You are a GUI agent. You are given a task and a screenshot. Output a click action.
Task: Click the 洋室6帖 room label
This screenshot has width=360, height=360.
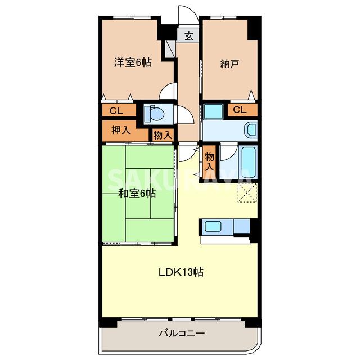point(133,63)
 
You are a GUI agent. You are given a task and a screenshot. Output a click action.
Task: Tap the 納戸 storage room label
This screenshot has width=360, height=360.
point(229,63)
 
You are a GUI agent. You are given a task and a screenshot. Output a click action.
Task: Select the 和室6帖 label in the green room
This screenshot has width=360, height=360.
point(137,195)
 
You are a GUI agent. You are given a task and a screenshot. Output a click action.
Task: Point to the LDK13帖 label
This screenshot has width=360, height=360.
point(180,273)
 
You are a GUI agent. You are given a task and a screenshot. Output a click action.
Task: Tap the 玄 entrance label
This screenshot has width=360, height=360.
point(189,36)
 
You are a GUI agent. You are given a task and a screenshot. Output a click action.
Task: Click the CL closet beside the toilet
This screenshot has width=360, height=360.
point(118,110)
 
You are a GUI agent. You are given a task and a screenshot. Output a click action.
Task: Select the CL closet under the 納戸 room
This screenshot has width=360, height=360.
point(240,110)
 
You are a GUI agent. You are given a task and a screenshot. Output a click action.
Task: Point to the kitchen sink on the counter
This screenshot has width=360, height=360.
point(213,226)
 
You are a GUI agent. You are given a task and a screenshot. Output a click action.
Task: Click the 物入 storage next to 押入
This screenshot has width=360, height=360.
point(162,135)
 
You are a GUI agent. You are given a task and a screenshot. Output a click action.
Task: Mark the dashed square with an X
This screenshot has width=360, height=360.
point(247,193)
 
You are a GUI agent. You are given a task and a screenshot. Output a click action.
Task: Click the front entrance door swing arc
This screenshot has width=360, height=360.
point(185,14)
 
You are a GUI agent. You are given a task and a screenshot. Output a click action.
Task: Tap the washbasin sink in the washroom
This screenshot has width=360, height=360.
point(251,130)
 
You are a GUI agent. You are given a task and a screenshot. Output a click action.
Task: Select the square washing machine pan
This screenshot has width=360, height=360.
point(213,111)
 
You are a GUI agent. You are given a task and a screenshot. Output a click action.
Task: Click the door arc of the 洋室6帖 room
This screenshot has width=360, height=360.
point(168,91)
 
